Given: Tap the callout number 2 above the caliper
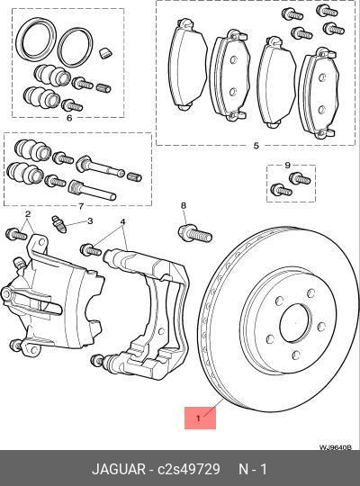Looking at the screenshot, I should point(28,214).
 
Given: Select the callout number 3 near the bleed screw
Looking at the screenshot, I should point(90,220).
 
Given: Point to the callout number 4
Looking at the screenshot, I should point(122,221).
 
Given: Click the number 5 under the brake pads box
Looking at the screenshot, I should point(256,146).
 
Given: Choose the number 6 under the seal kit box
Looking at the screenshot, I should point(68,118).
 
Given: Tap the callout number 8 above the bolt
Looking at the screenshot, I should point(183,206).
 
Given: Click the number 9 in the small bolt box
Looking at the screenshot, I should point(287,165).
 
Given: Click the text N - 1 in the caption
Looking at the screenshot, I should point(252,468).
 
